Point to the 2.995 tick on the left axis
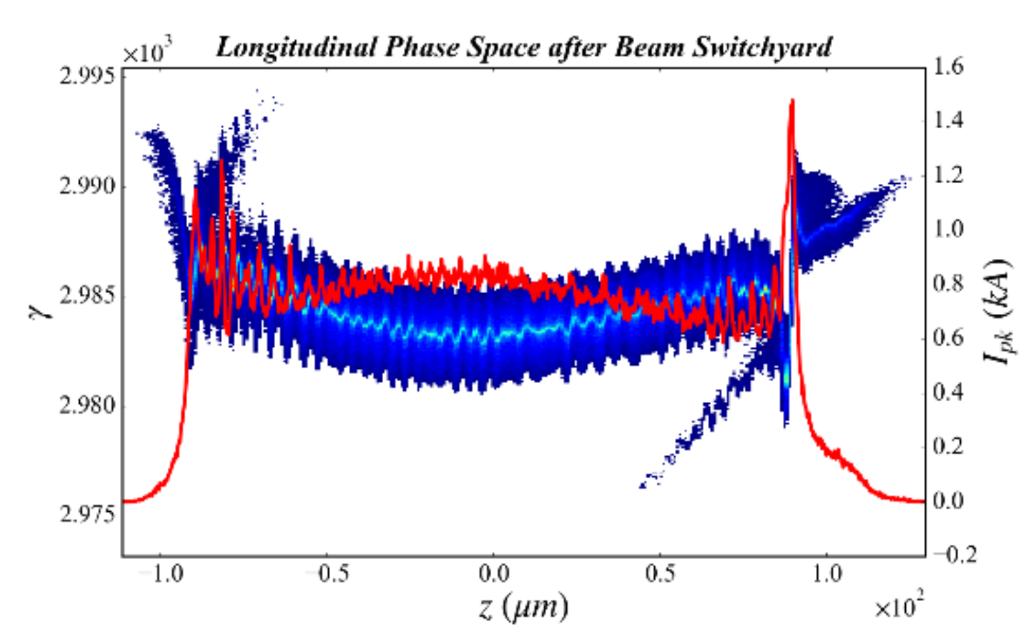click(x=87, y=76)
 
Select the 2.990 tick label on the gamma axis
click(x=87, y=186)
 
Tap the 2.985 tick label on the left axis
click(x=87, y=295)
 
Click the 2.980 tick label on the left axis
click(x=87, y=405)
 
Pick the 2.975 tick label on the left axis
click(x=87, y=515)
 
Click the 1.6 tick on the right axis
click(x=947, y=66)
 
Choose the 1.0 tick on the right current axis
click(x=947, y=229)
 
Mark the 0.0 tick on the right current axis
click(x=947, y=500)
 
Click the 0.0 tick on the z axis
click(x=494, y=574)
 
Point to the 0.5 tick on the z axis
click(x=660, y=574)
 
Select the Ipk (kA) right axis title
click(x=999, y=312)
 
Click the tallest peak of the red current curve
click(x=792, y=102)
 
